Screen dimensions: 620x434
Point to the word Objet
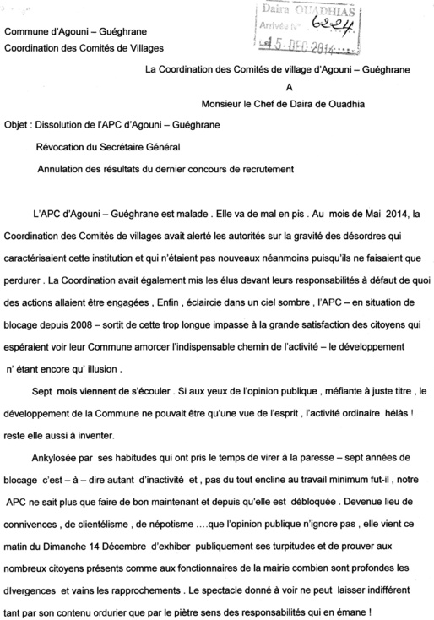17,123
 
